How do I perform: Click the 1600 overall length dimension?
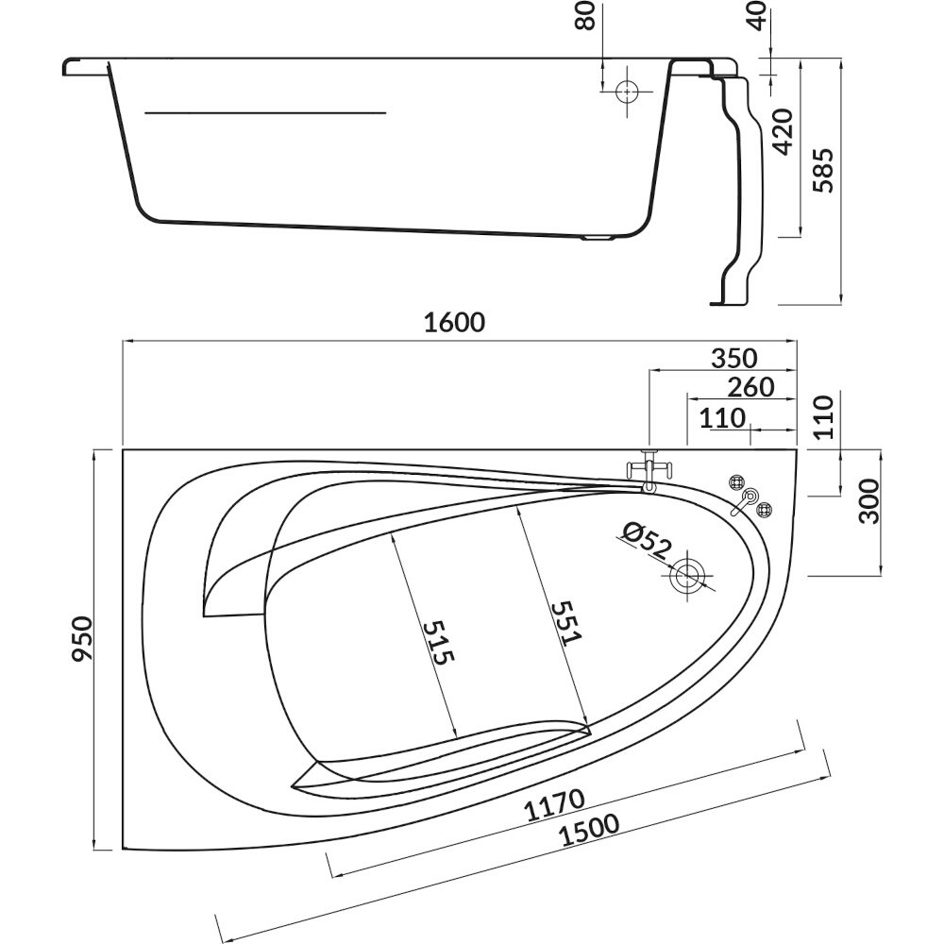pos(454,323)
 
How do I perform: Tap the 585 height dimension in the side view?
pos(823,170)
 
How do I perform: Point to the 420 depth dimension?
pos(783,131)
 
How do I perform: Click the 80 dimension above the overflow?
pos(587,15)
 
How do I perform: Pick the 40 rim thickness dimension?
pos(757,15)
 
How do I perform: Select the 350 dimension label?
pos(733,358)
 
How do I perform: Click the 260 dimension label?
pos(750,387)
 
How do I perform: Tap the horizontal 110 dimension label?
pos(722,417)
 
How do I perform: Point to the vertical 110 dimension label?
pos(823,416)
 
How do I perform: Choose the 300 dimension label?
pos(869,501)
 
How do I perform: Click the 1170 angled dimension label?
pos(555,805)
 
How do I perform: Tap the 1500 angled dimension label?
pos(589,831)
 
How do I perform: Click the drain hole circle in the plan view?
pos(687,575)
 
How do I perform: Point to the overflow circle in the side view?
pos(627,92)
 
